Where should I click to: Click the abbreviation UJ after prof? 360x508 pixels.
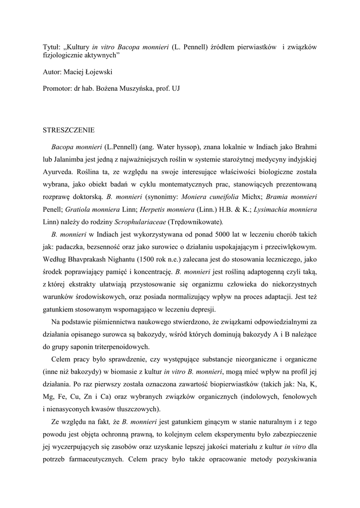point(175,89)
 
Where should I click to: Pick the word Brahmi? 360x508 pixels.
point(305,147)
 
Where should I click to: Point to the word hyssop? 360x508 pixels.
point(185,147)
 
